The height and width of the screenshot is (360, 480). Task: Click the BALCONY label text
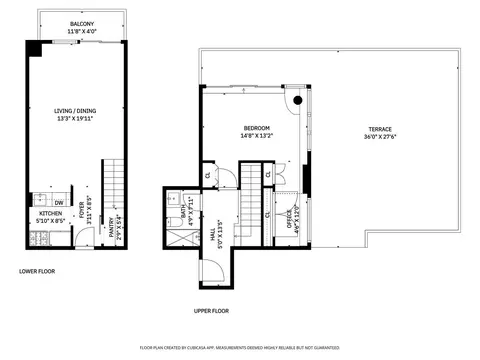click(82, 23)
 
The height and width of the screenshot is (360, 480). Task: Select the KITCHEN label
click(51, 213)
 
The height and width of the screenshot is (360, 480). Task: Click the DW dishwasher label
click(60, 202)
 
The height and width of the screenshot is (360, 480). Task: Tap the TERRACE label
click(379, 129)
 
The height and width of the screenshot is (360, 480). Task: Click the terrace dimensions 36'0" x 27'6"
click(379, 137)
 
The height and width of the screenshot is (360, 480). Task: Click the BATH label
click(184, 214)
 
